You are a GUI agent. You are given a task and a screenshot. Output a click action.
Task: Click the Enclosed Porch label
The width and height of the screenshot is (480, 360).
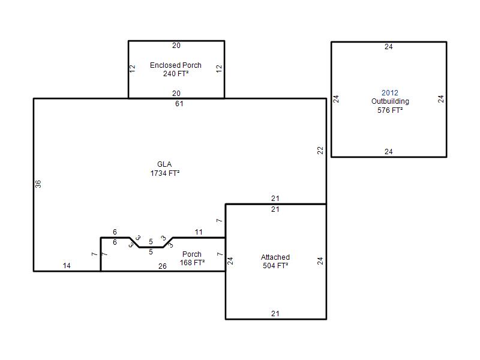[x=176, y=65]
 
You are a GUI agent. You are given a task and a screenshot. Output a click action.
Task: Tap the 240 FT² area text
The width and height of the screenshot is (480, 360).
[x=176, y=74]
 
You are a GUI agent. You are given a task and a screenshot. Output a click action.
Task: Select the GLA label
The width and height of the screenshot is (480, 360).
[x=164, y=164]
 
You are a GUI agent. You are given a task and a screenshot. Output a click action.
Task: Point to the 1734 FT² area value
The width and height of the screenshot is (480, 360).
[x=164, y=173]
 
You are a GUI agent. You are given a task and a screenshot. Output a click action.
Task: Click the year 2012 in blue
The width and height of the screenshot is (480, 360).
[x=389, y=93]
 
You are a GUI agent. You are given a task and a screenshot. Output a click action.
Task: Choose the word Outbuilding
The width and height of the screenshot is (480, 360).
[x=390, y=101]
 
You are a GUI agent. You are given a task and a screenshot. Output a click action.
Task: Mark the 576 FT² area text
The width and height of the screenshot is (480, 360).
[x=390, y=110]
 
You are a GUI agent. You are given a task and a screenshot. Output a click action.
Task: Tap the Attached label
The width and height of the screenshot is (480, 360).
[x=275, y=257]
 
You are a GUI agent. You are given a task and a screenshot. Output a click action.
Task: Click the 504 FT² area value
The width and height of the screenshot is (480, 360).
[x=275, y=266]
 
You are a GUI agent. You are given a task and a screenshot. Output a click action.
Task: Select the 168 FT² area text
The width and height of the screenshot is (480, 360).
[x=192, y=263]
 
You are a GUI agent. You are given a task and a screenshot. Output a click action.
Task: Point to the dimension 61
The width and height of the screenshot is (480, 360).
[x=179, y=104]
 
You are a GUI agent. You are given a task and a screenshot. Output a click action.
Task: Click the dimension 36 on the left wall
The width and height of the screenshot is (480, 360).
[x=38, y=184]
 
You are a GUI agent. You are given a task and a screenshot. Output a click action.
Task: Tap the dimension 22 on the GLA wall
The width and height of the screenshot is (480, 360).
[x=320, y=151]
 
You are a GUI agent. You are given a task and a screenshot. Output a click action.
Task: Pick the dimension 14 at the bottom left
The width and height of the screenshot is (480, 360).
[x=67, y=265]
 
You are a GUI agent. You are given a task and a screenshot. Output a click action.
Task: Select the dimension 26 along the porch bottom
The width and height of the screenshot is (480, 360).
[x=163, y=266]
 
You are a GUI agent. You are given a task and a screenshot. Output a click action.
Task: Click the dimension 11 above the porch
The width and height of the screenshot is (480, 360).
[x=199, y=232]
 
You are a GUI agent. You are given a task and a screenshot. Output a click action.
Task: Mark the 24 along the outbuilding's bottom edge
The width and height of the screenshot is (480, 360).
[x=388, y=152]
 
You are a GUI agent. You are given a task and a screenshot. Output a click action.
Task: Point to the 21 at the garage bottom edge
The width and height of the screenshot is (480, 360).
[x=275, y=313]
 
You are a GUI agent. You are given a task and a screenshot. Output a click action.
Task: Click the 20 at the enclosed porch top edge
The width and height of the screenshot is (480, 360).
[x=176, y=46]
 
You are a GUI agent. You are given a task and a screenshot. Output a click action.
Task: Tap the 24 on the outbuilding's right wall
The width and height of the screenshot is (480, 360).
[x=440, y=99]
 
